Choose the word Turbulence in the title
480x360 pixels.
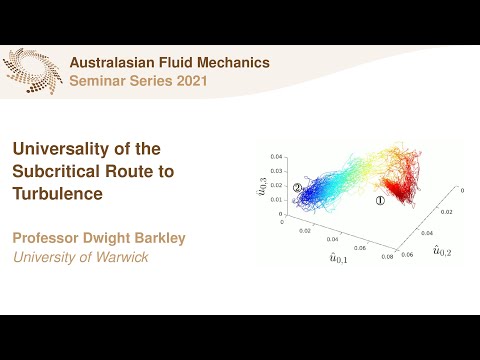tap(57, 193)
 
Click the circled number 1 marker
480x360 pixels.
tap(379, 200)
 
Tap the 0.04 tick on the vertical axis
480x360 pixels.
tap(276, 156)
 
